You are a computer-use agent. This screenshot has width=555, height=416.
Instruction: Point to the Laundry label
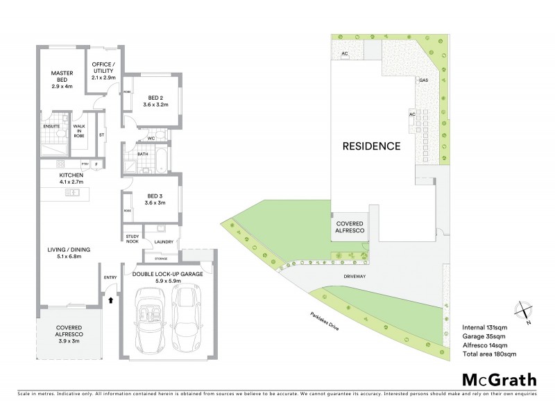pos(164,242)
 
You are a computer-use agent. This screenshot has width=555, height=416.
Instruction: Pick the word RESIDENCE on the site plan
pos(371,147)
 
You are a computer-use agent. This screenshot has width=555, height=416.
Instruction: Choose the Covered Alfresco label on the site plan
pos(350,229)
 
